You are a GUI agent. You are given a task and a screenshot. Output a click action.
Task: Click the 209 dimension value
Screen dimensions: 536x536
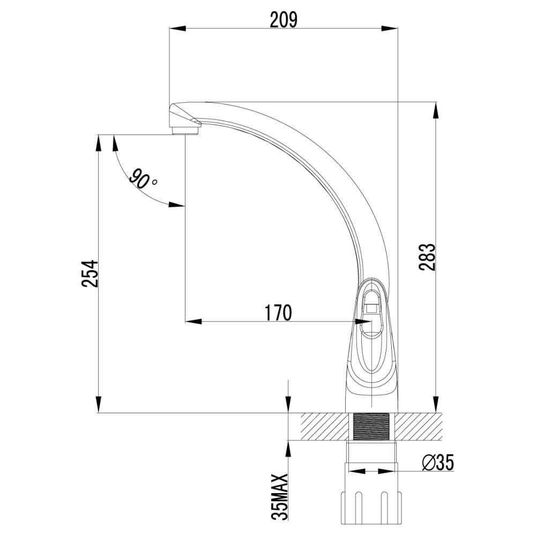point(284,20)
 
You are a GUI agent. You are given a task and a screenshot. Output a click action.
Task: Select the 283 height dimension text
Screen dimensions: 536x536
point(428,257)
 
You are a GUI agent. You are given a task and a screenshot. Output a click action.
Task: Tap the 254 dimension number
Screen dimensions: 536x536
point(90,273)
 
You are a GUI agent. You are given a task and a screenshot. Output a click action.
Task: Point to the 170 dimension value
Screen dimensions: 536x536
point(279,312)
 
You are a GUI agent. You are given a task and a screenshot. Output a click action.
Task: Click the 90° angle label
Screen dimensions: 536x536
point(142,179)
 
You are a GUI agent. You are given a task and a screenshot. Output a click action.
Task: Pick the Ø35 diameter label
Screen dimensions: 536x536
point(437,463)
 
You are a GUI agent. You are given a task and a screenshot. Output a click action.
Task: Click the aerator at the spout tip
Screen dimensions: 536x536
point(185,130)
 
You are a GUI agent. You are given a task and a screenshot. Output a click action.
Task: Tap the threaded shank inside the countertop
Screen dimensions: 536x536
point(371,427)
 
